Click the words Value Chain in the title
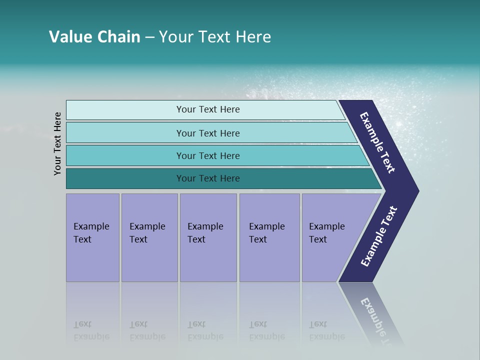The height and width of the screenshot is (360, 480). click(94, 37)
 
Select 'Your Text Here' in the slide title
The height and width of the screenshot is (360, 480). click(215, 37)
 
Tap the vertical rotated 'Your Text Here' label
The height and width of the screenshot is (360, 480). click(57, 144)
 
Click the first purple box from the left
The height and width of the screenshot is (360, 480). click(92, 237)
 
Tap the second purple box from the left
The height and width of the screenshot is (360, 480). click(149, 237)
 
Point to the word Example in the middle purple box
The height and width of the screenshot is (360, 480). click(205, 226)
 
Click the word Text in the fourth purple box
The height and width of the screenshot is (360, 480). click(258, 239)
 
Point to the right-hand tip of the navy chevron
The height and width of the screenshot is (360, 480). click(416, 191)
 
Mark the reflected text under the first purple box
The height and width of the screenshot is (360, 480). click(91, 330)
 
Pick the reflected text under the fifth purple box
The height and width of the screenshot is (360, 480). click(326, 330)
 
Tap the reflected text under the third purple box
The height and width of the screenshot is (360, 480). click(205, 330)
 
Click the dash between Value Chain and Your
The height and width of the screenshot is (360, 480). click(149, 37)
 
